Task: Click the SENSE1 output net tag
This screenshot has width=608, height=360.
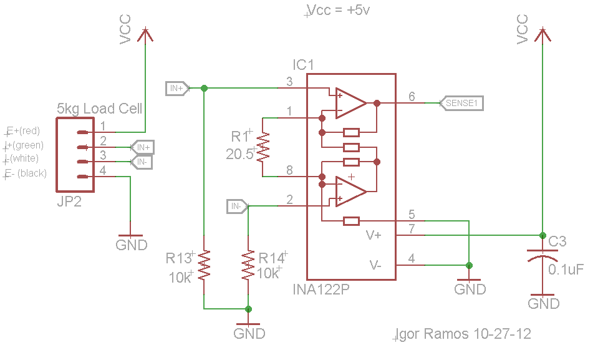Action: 461,103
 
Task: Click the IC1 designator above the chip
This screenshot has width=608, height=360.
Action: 304,65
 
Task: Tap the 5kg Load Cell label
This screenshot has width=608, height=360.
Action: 99,109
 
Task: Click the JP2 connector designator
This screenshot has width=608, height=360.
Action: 69,203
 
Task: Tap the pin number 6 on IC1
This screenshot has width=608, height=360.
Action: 412,96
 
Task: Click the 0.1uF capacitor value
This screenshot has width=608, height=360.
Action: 566,270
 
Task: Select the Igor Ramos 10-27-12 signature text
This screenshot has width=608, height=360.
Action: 464,334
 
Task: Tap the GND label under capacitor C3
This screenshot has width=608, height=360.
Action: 543,304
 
